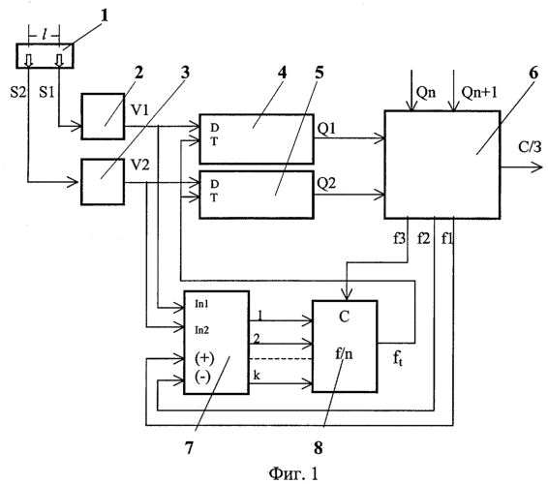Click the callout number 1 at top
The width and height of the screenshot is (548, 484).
[x=105, y=16]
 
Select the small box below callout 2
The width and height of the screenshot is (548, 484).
[x=103, y=116]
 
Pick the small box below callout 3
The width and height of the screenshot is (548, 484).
[x=103, y=181]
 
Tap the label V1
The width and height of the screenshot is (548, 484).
[x=139, y=110]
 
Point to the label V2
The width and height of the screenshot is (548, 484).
[x=140, y=165]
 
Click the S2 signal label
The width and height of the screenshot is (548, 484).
[x=18, y=92]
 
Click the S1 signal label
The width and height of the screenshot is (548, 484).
[x=46, y=92]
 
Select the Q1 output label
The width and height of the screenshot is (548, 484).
[x=326, y=129]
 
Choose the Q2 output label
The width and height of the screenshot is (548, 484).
[x=326, y=183]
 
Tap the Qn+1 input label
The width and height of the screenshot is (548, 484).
[x=479, y=92]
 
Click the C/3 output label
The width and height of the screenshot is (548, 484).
[x=531, y=147]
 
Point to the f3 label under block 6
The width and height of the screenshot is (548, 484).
[x=400, y=239]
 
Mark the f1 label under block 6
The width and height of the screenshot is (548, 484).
[x=447, y=239]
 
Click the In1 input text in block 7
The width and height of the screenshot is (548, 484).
[x=201, y=304]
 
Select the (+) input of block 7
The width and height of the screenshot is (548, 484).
[x=204, y=358]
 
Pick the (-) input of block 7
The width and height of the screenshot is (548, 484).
[x=202, y=378]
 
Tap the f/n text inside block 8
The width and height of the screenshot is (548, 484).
[x=345, y=354]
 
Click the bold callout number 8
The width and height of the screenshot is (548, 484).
[x=318, y=447]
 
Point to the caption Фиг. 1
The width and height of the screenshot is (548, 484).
[x=294, y=474]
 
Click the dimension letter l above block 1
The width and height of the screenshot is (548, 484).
[x=44, y=35]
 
